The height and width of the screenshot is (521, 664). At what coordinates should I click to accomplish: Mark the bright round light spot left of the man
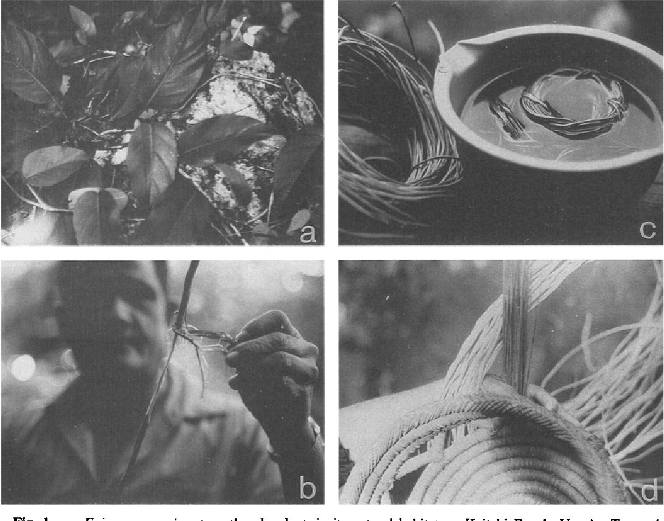pos(22,367)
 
